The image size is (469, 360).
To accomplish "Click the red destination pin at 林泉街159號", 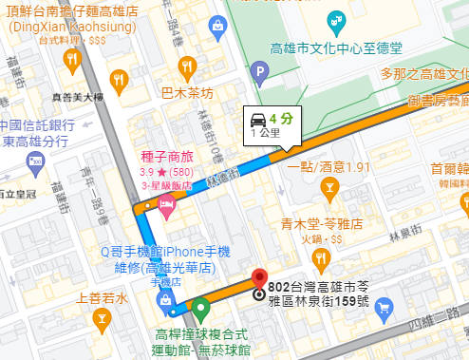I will click(259, 282).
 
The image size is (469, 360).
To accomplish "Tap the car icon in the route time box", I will click(258, 119).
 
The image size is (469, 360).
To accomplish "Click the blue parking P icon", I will click(260, 69).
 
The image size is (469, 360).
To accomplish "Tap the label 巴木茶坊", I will click(187, 94).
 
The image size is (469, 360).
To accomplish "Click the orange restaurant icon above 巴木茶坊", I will click(188, 67).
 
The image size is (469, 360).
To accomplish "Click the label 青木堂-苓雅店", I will click(323, 226).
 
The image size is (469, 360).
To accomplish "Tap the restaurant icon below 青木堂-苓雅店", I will click(323, 256).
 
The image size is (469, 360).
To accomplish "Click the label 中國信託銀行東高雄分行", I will click(37, 133).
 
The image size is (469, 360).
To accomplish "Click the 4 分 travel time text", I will click(280, 119).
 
